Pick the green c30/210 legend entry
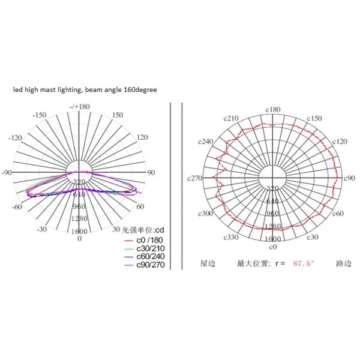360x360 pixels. click(x=142, y=249)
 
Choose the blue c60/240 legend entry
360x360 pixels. click(x=142, y=257)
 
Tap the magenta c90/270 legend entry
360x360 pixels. click(x=142, y=265)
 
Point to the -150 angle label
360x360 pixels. click(x=40, y=115)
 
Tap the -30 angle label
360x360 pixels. click(x=41, y=230)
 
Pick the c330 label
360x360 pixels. click(x=232, y=238)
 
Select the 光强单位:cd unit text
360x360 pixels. click(x=144, y=230)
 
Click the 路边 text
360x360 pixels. click(x=343, y=263)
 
